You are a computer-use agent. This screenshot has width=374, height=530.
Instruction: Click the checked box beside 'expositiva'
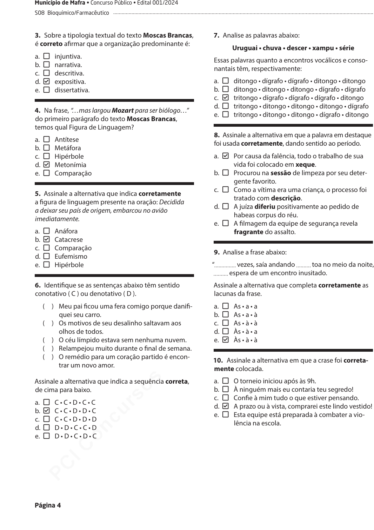pos(46,81)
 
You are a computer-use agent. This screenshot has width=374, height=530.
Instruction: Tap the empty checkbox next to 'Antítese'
pos(46,139)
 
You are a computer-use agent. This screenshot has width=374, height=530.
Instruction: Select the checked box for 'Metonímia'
pos(46,165)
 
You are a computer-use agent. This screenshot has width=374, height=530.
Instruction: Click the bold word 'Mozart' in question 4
pos(122,111)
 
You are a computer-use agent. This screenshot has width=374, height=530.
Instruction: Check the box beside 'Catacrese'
pos(46,239)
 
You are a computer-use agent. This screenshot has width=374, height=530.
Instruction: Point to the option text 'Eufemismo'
pos(71,256)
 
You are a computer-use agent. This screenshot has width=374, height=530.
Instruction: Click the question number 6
pos(38,285)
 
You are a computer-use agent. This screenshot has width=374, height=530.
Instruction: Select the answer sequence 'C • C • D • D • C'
pos(75,411)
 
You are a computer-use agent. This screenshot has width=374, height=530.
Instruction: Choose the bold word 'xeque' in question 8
pos(305,165)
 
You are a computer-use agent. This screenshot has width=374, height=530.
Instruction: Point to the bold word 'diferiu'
pos(265,207)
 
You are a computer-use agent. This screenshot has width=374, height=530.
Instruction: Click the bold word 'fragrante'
pos(248,232)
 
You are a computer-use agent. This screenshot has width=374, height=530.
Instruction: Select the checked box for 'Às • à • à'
pos(226,340)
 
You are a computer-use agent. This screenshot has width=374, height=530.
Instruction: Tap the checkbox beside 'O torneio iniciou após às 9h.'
pos(226,381)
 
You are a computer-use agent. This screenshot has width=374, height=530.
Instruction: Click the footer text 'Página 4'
pos(48,505)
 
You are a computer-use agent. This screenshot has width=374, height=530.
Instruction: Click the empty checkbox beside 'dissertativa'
pos(46,90)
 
